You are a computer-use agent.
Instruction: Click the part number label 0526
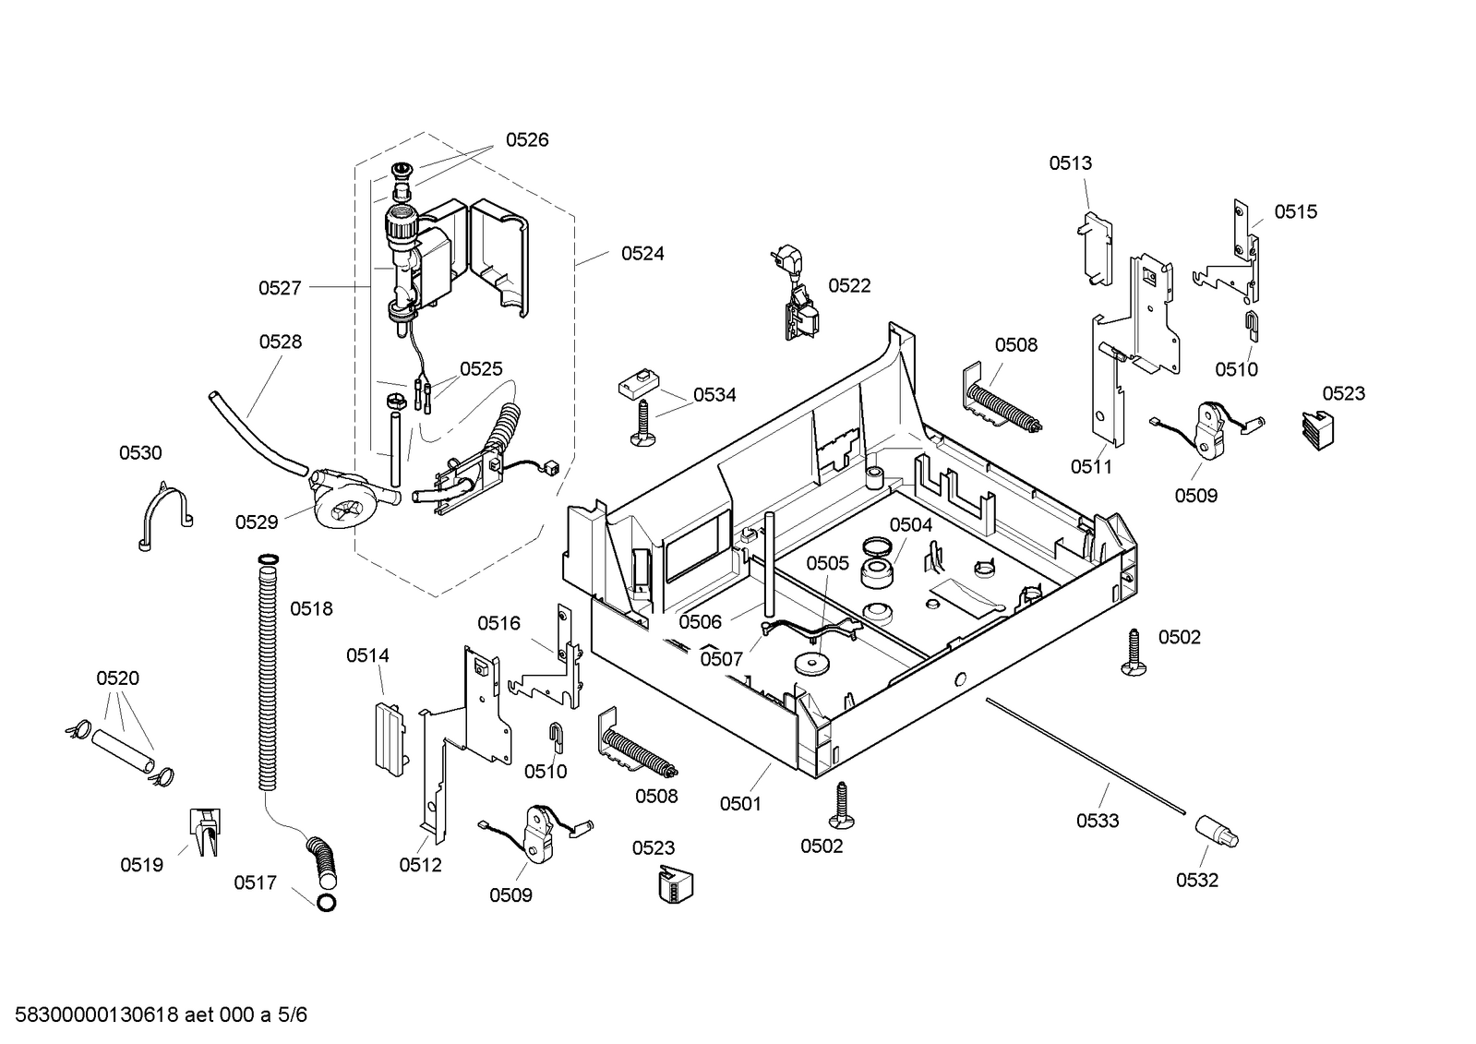tap(527, 139)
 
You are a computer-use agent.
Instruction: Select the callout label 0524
tap(642, 254)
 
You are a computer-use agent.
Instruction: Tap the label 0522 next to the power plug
tap(849, 285)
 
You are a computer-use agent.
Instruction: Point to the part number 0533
tap(1098, 821)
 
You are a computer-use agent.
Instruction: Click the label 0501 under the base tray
tap(740, 803)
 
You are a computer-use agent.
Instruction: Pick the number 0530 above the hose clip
tap(140, 453)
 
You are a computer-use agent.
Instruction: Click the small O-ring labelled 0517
tap(326, 904)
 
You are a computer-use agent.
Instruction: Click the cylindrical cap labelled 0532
tap(1217, 831)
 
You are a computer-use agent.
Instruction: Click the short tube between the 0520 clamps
tap(124, 751)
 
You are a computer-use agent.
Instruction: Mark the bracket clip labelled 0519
tap(205, 832)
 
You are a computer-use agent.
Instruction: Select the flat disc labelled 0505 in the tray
tap(811, 663)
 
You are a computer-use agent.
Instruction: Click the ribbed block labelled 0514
tap(390, 738)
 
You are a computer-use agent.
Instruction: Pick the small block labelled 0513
tap(1095, 247)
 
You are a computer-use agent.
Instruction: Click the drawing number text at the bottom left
tap(142, 1015)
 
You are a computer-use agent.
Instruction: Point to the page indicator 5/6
tap(293, 1015)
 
